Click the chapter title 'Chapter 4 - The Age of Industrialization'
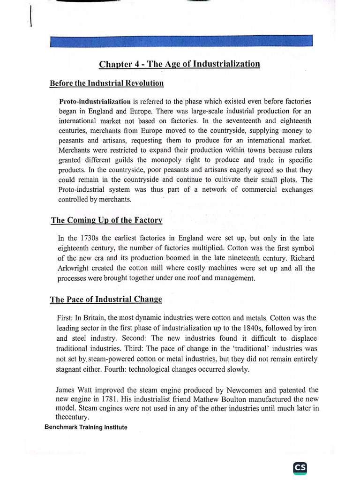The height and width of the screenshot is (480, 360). [179, 64]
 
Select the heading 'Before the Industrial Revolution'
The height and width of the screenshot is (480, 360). [106, 83]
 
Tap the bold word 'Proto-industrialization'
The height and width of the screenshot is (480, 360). [95, 101]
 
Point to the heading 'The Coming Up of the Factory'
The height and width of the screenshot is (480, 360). [106, 220]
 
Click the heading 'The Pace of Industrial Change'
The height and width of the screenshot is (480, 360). [106, 300]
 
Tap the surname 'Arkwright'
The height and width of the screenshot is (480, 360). [73, 268]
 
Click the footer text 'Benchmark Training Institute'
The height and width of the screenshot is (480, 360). [85, 427]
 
